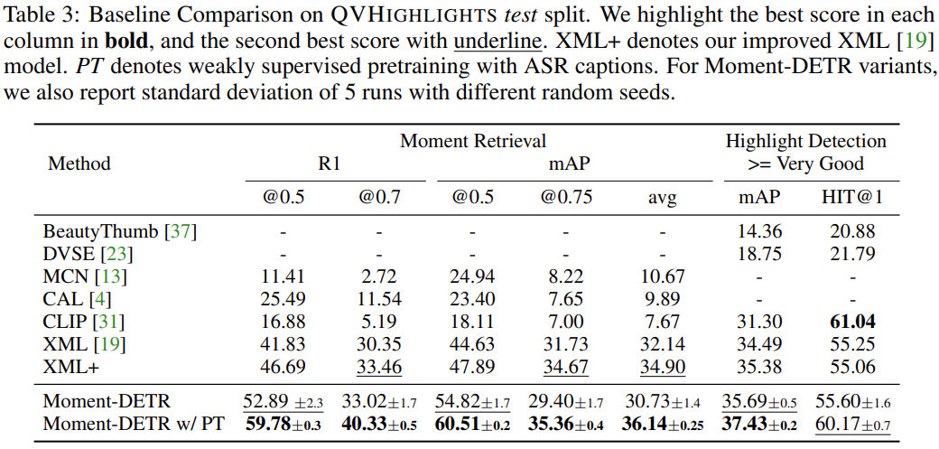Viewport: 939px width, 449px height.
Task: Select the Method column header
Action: point(79,164)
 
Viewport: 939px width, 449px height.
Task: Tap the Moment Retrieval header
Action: point(473,141)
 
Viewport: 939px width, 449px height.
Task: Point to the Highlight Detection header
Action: point(805,141)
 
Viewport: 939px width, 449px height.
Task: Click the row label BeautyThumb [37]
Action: point(119,231)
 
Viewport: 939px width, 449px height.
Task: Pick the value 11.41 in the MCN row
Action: point(283,276)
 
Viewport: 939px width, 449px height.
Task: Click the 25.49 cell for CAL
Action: point(283,299)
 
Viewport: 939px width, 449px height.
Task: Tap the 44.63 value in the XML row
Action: point(472,343)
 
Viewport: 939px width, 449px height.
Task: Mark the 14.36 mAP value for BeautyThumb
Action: point(759,231)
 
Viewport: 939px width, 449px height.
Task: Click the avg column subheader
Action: point(662,198)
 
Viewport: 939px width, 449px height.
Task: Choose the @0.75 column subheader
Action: point(566,198)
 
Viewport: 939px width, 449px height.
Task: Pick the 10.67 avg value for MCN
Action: point(662,276)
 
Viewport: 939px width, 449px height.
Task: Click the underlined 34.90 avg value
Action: point(662,366)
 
